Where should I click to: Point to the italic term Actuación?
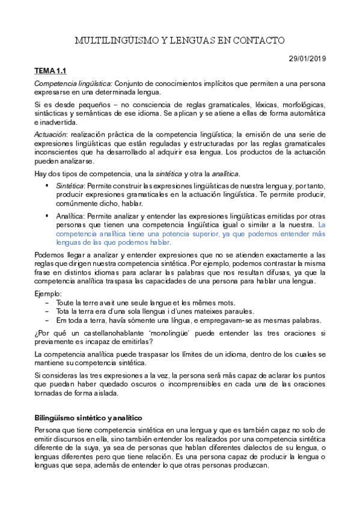pyautogui.click(x=51, y=134)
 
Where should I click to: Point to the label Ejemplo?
pyautogui.click(x=48, y=293)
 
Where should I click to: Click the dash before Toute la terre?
pyautogui.click(x=47, y=303)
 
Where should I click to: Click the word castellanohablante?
pyautogui.click(x=102, y=333)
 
